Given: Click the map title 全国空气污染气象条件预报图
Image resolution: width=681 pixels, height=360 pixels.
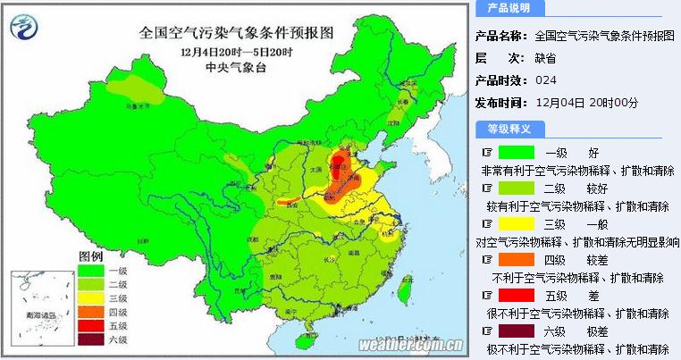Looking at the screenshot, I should tap(237, 32).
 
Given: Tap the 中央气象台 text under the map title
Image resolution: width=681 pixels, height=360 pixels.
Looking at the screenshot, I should tap(236, 67).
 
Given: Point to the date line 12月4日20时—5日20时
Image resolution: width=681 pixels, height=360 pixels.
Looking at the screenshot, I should tap(236, 52).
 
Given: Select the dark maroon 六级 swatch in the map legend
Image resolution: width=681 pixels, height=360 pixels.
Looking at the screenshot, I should tap(89, 339).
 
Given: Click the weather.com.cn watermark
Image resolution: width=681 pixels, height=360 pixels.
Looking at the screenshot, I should tap(410, 345).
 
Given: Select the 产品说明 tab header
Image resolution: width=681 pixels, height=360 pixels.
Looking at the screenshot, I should tap(509, 8).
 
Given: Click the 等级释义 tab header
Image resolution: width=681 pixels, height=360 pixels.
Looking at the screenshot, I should tap(509, 129).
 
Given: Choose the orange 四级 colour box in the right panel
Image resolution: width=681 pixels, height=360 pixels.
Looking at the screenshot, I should tap(516, 259).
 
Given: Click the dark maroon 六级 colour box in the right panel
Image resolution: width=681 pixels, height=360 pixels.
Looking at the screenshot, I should tap(516, 331).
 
